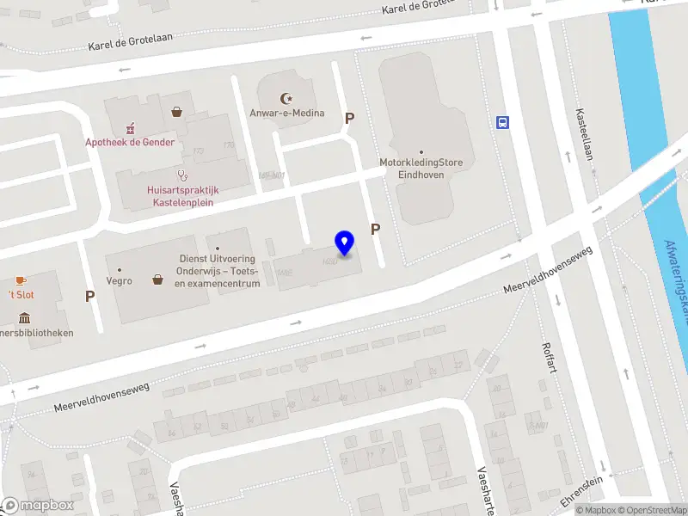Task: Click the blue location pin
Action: pyautogui.click(x=345, y=243)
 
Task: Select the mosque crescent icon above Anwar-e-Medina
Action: pyautogui.click(x=287, y=99)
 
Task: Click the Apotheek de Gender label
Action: pyautogui.click(x=130, y=142)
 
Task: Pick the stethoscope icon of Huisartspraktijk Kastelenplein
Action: pyautogui.click(x=182, y=174)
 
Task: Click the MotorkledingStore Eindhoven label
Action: pyautogui.click(x=421, y=167)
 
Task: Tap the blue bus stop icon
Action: pyautogui.click(x=501, y=122)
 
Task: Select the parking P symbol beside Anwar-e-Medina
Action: pyautogui.click(x=349, y=118)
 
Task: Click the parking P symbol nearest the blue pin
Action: pyautogui.click(x=376, y=229)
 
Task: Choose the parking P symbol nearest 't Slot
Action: pyautogui.click(x=89, y=296)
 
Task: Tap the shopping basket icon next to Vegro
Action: pyautogui.click(x=158, y=279)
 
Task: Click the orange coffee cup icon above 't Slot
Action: pyautogui.click(x=21, y=280)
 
